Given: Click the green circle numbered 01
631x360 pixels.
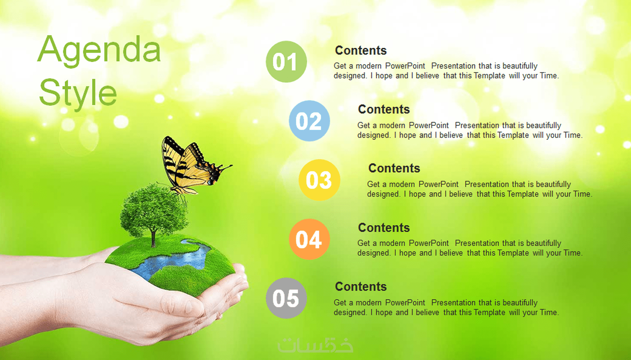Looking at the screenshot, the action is pyautogui.click(x=286, y=61).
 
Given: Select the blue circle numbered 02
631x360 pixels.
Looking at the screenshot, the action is pyautogui.click(x=309, y=121).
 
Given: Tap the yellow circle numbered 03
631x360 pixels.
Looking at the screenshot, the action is pyautogui.click(x=320, y=180).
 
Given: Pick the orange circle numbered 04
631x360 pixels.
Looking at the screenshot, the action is pyautogui.click(x=309, y=239).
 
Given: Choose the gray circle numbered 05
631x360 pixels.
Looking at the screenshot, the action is pyautogui.click(x=286, y=298).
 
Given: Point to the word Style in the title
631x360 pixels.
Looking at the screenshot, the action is pyautogui.click(x=78, y=93).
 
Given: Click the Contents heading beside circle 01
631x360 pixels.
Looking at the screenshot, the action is pyautogui.click(x=360, y=50).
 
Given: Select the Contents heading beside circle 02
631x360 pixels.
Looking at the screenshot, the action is pyautogui.click(x=384, y=109).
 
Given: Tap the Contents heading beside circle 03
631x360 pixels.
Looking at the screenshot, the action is pyautogui.click(x=394, y=168).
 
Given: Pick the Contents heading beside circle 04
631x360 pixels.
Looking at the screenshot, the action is pyautogui.click(x=384, y=228).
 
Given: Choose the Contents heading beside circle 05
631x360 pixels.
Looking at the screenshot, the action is pyautogui.click(x=360, y=287).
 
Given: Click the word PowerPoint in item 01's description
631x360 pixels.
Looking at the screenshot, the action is pyautogui.click(x=405, y=66).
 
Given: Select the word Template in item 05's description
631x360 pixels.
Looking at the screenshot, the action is pyautogui.click(x=489, y=312).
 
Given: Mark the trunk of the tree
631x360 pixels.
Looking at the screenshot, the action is pyautogui.click(x=153, y=238).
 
